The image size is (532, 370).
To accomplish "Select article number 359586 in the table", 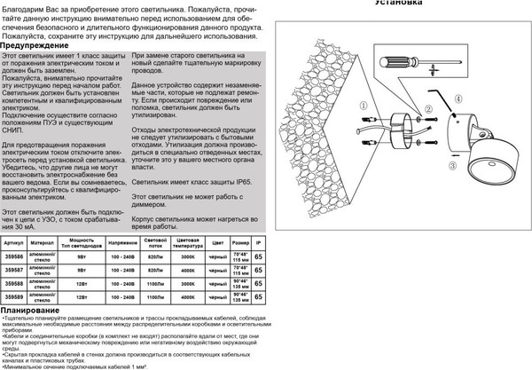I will pyautogui.click(x=14, y=256).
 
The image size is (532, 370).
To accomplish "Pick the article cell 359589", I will pyautogui.click(x=14, y=297).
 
